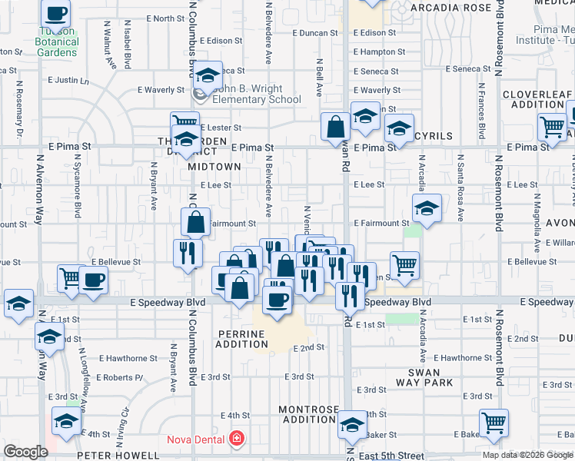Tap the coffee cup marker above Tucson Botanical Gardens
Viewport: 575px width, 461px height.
[57, 13]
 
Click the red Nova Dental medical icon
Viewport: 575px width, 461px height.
[238, 439]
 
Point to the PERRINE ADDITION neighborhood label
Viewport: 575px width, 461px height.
[241, 340]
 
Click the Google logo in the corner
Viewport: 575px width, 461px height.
[26, 452]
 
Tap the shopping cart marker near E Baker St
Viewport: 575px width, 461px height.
[494, 422]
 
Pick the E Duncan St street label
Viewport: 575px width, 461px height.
[314, 33]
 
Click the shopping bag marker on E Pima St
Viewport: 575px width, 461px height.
[336, 127]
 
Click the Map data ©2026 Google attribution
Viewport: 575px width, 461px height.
[527, 455]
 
